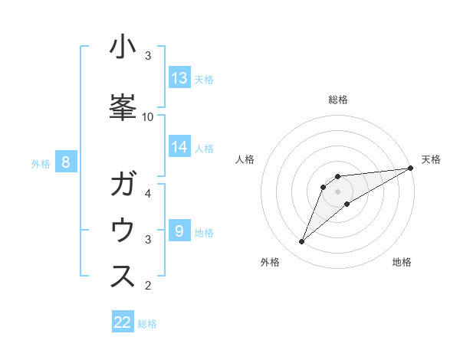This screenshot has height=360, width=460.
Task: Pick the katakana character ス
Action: pyautogui.click(x=123, y=278)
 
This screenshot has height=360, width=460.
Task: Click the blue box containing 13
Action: pyautogui.click(x=179, y=78)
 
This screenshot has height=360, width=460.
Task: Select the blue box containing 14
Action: pyautogui.click(x=179, y=147)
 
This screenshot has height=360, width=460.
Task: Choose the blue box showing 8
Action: pyautogui.click(x=66, y=162)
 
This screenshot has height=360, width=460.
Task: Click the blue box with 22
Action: pyautogui.click(x=123, y=322)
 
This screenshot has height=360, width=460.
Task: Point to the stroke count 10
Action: pyautogui.click(x=148, y=117)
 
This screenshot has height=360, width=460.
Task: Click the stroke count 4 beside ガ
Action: pyautogui.click(x=148, y=193)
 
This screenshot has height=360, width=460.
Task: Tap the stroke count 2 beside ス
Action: pyautogui.click(x=148, y=286)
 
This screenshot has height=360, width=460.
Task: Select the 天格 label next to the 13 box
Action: pyautogui.click(x=204, y=79)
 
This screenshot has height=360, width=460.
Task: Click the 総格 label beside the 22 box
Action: pyautogui.click(x=147, y=324)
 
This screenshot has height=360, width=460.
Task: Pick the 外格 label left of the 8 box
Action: pyautogui.click(x=40, y=163)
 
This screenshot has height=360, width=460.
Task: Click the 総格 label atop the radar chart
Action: pyautogui.click(x=338, y=100)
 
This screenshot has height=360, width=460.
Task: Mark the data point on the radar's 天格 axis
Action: pyautogui.click(x=411, y=168)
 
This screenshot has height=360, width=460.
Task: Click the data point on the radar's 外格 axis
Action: pyautogui.click(x=302, y=242)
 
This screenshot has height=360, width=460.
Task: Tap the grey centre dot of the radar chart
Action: pyautogui.click(x=338, y=191)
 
